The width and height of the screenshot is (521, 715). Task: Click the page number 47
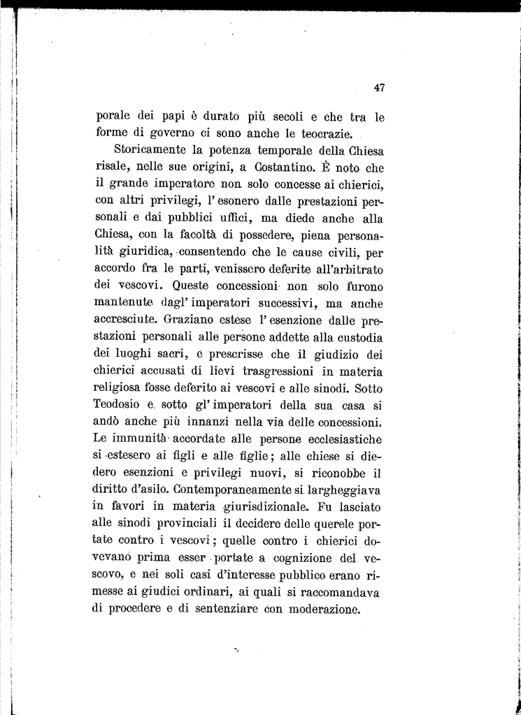[x=380, y=87]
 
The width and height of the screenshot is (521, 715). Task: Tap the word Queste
[x=196, y=286]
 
